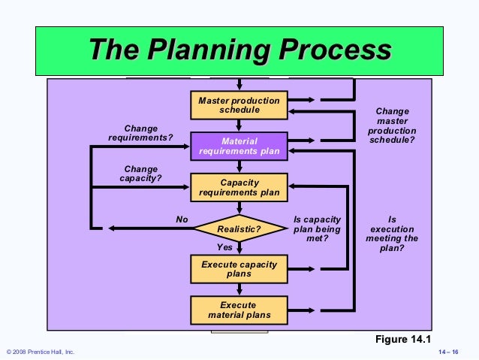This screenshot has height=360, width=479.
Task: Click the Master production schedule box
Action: click(x=239, y=105)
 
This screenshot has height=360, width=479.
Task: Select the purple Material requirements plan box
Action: click(x=239, y=146)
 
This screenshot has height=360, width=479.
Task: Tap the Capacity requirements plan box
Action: click(x=239, y=187)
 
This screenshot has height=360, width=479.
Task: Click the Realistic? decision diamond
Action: click(x=239, y=228)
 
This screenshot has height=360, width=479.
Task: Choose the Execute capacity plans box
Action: click(x=239, y=269)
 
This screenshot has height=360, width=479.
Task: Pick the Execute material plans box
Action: click(x=239, y=310)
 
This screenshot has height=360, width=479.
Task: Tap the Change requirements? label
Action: click(x=140, y=133)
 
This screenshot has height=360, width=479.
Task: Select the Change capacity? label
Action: click(x=140, y=174)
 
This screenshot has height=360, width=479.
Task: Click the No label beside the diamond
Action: click(x=181, y=219)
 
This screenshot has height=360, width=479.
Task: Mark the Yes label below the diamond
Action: click(x=224, y=247)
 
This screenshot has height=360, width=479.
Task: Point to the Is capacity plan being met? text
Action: click(x=317, y=228)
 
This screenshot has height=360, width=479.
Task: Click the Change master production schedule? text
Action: click(x=392, y=126)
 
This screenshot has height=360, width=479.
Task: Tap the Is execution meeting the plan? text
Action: click(x=392, y=233)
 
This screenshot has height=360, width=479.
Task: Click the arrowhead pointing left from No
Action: click(x=113, y=228)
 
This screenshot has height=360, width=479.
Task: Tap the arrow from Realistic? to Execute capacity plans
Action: click(x=239, y=248)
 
